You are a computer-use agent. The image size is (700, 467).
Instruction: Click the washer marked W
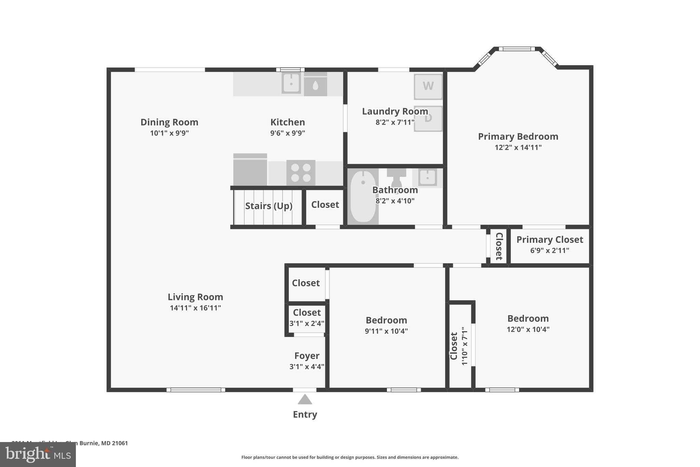[x=428, y=86]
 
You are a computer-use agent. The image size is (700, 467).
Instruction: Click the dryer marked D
[x=428, y=118]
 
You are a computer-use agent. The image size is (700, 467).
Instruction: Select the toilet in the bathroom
[x=396, y=178]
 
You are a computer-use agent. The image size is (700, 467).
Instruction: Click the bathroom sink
[x=427, y=178]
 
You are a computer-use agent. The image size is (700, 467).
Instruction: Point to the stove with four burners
[x=301, y=172]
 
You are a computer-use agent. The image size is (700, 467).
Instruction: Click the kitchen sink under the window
[x=291, y=83]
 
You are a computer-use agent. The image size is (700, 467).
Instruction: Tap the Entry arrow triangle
[x=305, y=400]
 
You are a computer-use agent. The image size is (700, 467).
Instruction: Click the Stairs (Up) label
[x=269, y=206]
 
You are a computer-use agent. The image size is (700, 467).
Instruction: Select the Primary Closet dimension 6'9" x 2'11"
[x=550, y=250]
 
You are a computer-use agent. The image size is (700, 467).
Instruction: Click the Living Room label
[x=195, y=297]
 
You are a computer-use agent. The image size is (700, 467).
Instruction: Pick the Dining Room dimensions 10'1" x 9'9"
[x=169, y=133]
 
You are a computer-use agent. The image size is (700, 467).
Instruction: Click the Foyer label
[x=307, y=356]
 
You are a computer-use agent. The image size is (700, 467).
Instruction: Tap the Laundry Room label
[x=395, y=112]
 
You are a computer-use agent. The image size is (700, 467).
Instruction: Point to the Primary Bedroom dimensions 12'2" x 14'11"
[x=518, y=147]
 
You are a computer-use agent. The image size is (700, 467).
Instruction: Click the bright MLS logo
[x=38, y=454]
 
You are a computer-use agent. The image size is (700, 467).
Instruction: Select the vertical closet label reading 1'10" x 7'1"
[x=464, y=346]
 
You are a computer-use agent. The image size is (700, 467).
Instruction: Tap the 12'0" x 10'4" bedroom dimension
[x=528, y=329]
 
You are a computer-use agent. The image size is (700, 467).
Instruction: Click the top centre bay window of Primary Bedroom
[x=516, y=49]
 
